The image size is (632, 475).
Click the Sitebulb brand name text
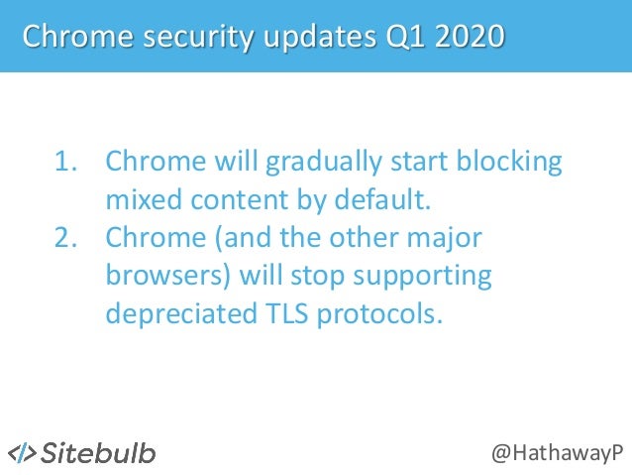click(98, 452)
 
